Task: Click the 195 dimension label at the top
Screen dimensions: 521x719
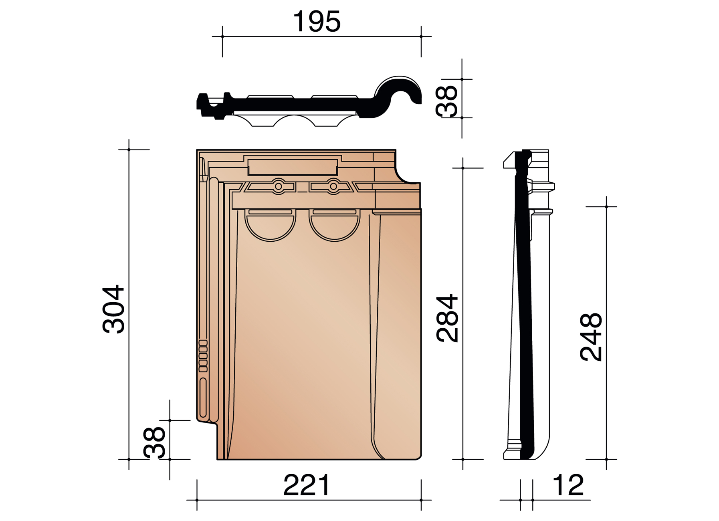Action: click(317, 22)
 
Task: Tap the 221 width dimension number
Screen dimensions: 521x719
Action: click(307, 485)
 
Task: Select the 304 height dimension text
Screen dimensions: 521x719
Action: click(114, 309)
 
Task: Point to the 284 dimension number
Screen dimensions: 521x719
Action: click(447, 318)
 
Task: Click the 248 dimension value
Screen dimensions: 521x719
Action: click(591, 337)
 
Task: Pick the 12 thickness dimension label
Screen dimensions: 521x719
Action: click(568, 485)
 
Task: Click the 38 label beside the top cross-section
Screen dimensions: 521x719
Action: click(446, 101)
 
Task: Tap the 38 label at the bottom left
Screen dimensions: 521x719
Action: click(155, 442)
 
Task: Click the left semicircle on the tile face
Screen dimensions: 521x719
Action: click(271, 227)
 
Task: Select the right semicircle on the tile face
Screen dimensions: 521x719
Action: click(335, 227)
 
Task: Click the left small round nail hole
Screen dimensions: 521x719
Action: click(278, 186)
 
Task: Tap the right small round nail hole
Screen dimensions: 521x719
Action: click(333, 186)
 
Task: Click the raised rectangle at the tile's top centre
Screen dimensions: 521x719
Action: click(293, 167)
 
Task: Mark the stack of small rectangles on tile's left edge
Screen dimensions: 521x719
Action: click(203, 356)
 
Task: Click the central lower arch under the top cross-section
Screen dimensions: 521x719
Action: click(294, 120)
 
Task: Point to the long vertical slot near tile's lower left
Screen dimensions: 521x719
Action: click(203, 397)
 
